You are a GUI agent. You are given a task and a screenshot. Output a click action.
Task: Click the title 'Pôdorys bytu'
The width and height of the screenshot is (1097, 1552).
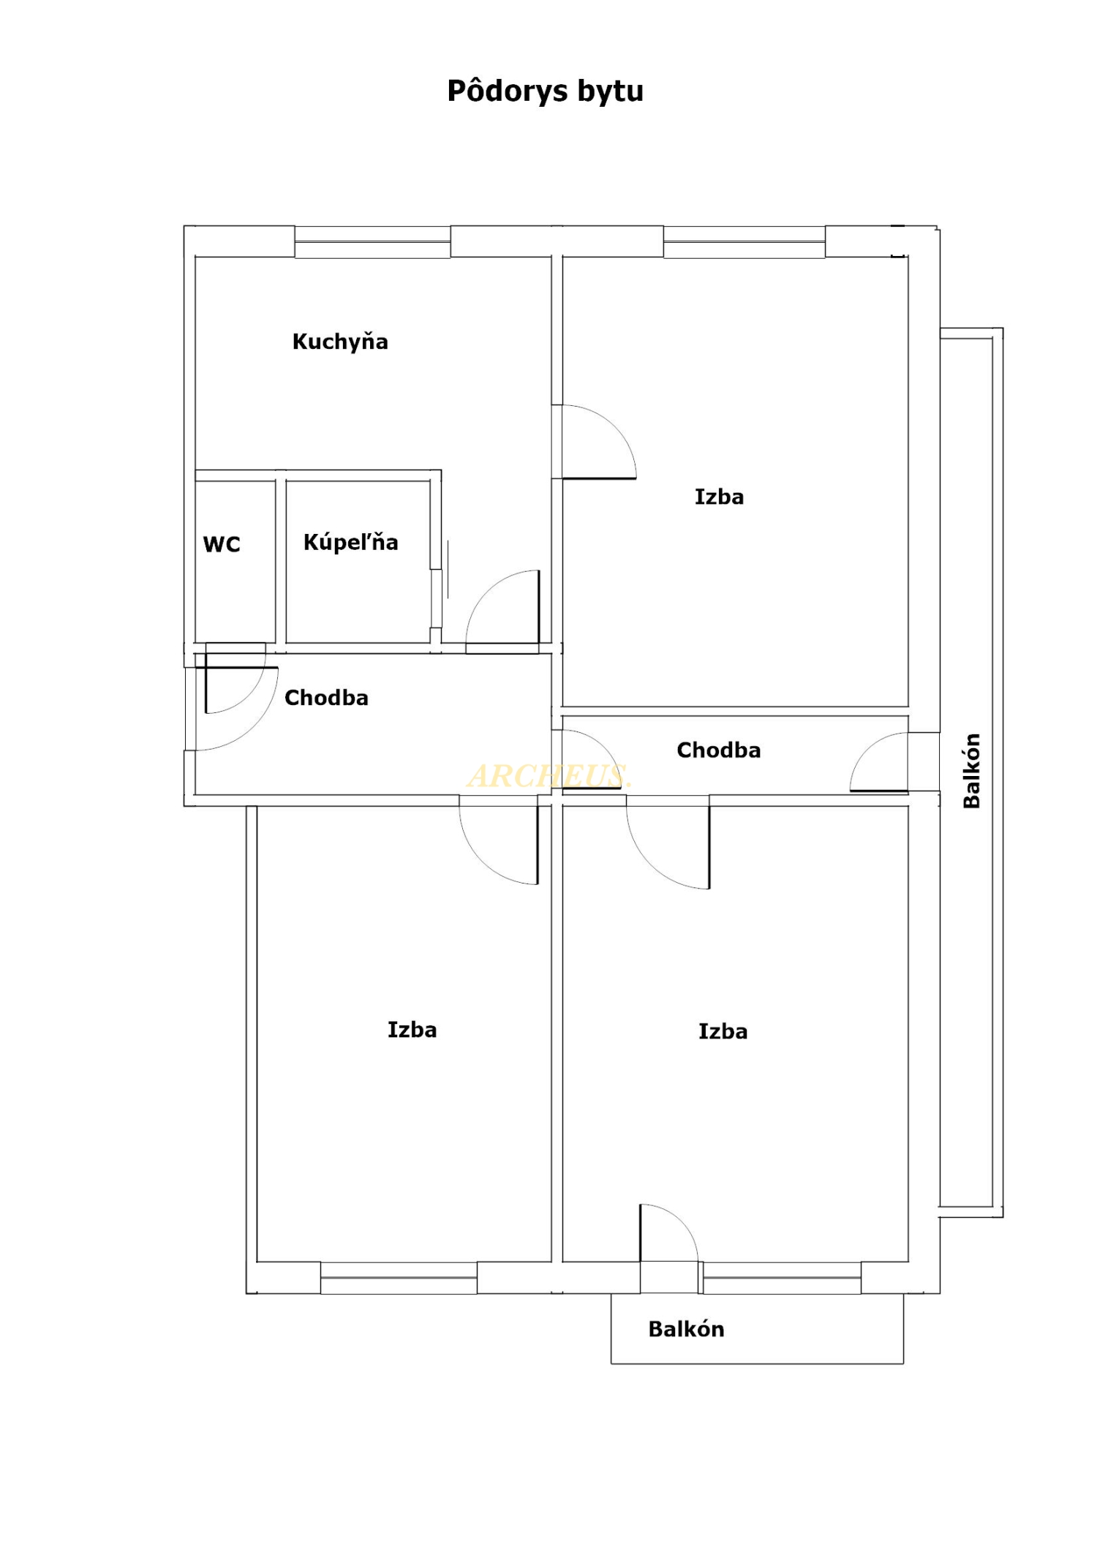point(545,91)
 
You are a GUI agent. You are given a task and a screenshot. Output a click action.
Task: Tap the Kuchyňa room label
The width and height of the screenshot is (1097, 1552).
point(340,342)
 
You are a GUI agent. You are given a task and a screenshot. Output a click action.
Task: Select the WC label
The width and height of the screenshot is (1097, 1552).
point(222,544)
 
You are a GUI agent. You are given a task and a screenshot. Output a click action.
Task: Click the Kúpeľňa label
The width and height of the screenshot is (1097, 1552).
point(351,542)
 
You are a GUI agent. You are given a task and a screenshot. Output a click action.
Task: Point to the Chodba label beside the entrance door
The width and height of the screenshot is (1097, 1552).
point(326,698)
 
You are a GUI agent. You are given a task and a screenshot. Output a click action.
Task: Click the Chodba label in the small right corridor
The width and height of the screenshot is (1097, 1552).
point(719,750)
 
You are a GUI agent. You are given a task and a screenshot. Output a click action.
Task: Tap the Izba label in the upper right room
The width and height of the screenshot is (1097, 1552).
point(720,497)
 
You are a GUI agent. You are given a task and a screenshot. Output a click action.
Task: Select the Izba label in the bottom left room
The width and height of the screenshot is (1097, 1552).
point(412,1030)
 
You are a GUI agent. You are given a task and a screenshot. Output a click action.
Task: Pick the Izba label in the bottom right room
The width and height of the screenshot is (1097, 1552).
point(723,1031)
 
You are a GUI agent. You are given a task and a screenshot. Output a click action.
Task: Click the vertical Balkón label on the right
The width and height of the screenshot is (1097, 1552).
point(971,771)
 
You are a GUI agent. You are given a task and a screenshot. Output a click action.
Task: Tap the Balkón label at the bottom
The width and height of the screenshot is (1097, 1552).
point(687,1329)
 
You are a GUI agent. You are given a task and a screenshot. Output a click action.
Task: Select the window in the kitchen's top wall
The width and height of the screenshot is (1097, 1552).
point(372,242)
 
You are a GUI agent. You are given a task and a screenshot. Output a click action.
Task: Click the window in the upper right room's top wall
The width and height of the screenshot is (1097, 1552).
point(744,242)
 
